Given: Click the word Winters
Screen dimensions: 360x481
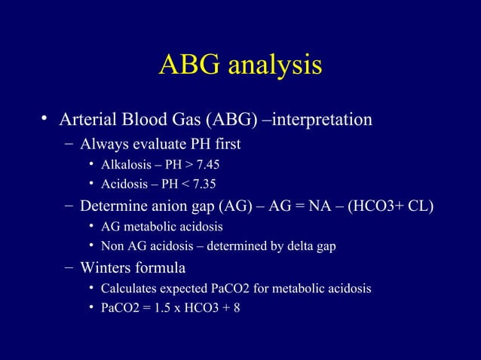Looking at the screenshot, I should [106, 267].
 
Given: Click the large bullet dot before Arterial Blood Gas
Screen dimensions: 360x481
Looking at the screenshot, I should [45, 120].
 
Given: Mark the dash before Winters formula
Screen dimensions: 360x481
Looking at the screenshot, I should [69, 267].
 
